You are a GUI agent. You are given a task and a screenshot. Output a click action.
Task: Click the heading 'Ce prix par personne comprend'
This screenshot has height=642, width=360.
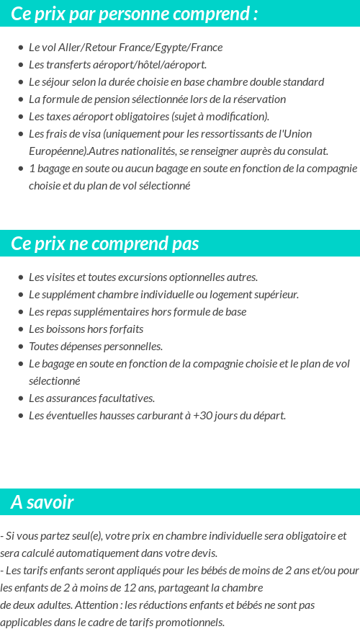134,14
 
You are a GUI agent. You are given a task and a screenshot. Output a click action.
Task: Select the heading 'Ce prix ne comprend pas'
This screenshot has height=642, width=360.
105,244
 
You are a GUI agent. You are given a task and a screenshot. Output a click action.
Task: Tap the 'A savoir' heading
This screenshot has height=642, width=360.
42,502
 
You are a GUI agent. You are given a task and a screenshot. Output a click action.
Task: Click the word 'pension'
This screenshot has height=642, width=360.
106,99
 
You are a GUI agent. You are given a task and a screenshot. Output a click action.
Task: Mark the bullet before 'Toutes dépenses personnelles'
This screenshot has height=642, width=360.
21,347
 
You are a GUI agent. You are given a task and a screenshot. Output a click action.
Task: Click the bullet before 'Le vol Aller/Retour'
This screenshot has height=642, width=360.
21,48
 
